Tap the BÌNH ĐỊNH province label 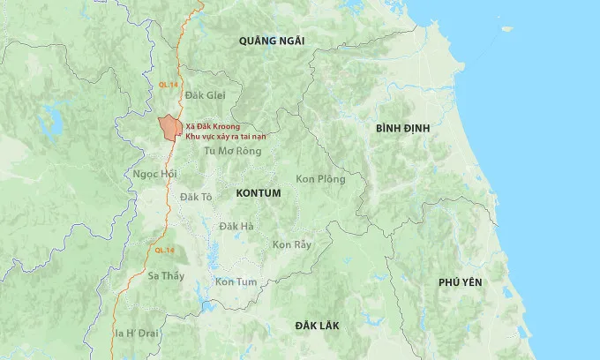402,128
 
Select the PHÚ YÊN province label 461,281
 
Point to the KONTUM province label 259,192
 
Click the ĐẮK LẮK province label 318,326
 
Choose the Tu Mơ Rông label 233,151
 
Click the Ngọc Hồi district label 155,174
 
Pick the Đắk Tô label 196,197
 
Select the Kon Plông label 320,179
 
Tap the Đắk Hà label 236,227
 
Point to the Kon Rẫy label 292,244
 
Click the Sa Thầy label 166,276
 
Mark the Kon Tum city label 236,281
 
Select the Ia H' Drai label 138,333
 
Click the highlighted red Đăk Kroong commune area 168,129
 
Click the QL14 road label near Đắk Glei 168,84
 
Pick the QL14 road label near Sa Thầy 164,251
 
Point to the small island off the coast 506,29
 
